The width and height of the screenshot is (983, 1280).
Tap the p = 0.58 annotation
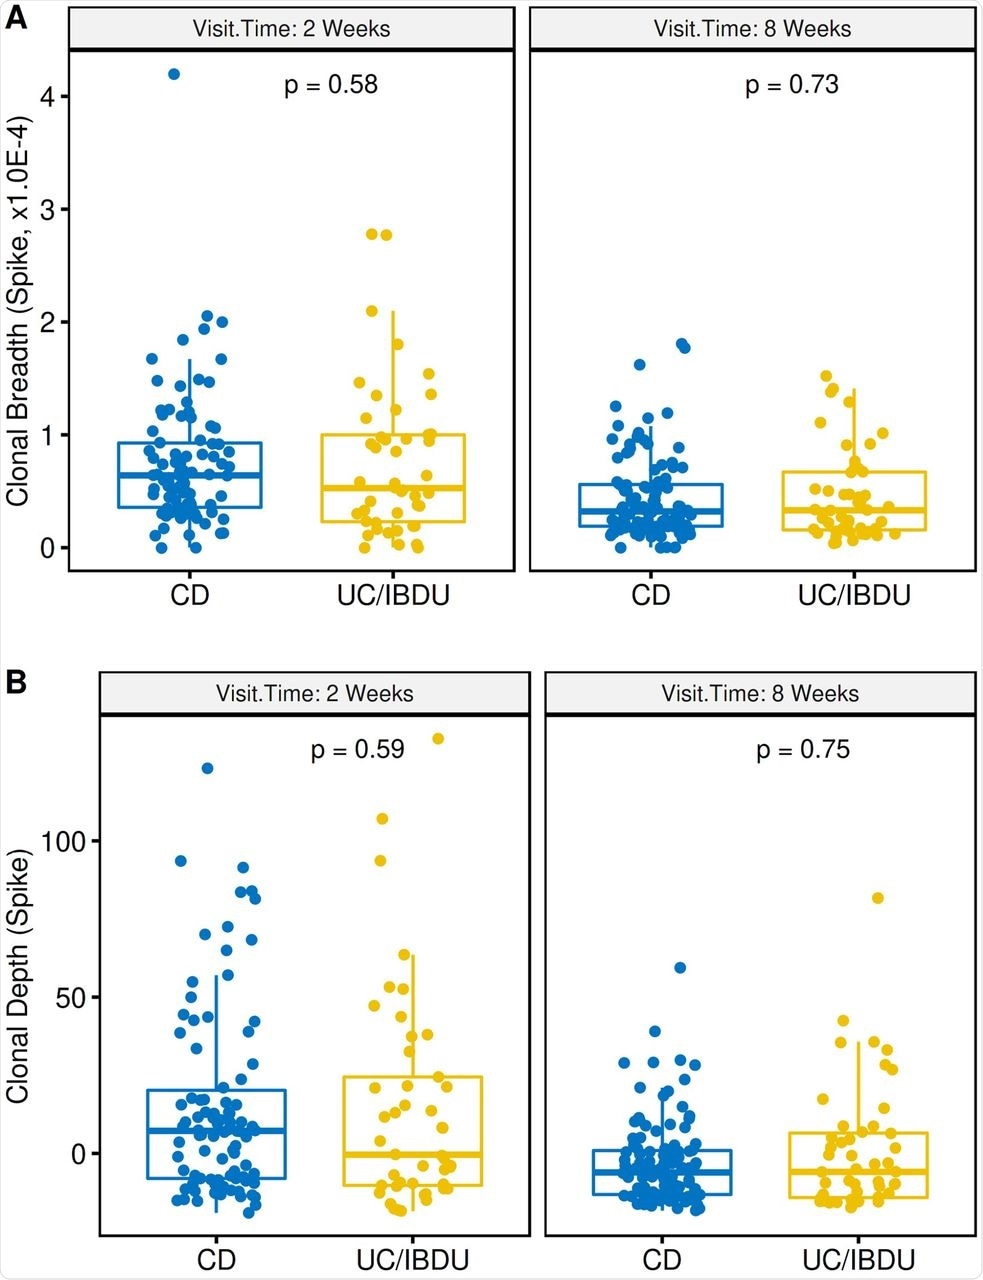click(331, 84)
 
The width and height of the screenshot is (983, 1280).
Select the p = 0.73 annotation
click(792, 85)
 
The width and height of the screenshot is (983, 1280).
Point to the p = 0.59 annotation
click(357, 749)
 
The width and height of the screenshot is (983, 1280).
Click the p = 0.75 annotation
click(803, 749)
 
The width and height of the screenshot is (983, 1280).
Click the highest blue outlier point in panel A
click(174, 74)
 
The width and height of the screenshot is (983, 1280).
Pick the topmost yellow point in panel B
click(437, 739)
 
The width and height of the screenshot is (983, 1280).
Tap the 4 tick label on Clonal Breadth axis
click(49, 97)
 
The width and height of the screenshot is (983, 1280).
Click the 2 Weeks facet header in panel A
click(291, 28)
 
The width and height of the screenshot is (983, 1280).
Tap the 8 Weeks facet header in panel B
click(760, 693)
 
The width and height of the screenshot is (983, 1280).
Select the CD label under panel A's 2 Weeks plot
click(189, 596)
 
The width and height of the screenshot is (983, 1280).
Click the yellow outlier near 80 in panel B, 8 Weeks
click(878, 898)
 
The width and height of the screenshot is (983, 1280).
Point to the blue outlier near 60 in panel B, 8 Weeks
click(680, 967)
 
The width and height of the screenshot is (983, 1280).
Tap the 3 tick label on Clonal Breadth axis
click(49, 209)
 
